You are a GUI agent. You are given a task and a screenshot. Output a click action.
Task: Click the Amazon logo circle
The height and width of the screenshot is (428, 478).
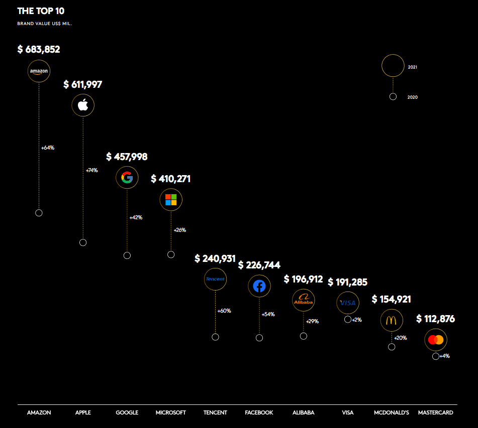pos(39,71)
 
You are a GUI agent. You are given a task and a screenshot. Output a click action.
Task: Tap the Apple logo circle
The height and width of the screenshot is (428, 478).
pos(83,105)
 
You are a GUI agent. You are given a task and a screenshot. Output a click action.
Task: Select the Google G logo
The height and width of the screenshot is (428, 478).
pos(127,178)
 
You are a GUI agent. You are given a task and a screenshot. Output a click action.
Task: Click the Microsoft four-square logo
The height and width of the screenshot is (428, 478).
pos(171,200)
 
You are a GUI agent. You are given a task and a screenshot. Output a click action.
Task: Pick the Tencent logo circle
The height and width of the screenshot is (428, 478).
pos(215,279)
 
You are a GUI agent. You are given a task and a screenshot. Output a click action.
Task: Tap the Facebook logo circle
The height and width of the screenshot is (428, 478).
pos(259,286)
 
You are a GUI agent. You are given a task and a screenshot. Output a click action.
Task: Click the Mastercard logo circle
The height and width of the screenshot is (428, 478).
pos(436,340)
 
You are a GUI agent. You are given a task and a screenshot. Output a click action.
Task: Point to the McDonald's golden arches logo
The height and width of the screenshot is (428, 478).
pos(392,320)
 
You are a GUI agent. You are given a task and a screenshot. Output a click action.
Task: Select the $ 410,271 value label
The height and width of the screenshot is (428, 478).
pos(171,179)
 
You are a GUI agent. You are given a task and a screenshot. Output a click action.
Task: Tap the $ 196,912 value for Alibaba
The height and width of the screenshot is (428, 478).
pos(303,279)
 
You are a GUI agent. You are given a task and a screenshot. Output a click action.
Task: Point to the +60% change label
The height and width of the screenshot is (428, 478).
pos(224,311)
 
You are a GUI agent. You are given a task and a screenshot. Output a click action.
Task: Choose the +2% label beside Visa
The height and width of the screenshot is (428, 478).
pos(356,320)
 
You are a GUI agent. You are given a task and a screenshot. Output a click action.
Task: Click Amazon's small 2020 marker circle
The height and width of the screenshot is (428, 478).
pos(39,213)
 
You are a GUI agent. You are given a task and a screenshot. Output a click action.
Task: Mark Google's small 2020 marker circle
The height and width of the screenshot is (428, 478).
pos(127,255)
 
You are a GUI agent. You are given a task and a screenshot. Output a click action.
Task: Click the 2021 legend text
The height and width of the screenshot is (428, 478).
pos(413,67)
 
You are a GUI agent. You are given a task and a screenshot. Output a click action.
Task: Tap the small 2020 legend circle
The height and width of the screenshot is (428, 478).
pos(393,96)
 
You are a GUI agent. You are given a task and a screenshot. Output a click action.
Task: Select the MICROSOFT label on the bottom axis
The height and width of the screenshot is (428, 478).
pos(171,412)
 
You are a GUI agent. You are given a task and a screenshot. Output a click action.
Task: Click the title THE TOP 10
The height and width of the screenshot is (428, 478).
pos(41,11)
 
